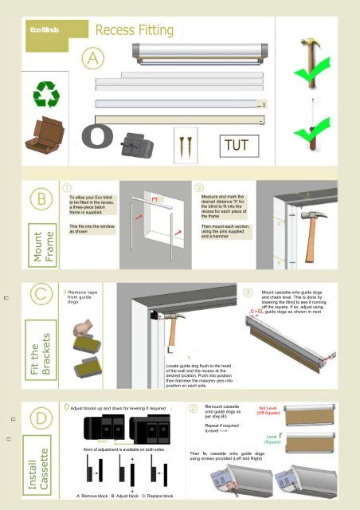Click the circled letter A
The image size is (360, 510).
(95, 58)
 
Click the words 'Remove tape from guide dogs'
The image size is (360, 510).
(85, 298)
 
